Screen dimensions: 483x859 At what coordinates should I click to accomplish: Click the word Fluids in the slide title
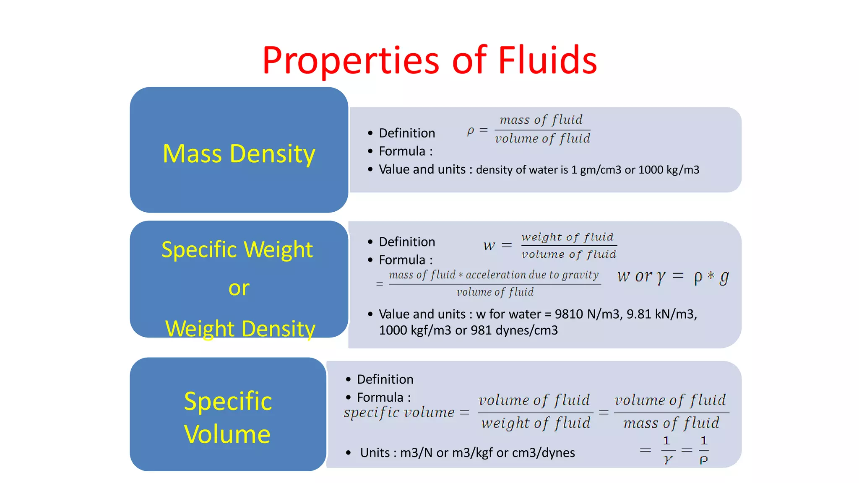(x=547, y=60)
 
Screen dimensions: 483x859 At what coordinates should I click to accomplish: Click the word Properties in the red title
(x=351, y=61)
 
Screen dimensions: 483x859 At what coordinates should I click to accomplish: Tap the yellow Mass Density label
(x=239, y=154)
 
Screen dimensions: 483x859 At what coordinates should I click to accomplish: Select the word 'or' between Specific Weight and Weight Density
(x=239, y=288)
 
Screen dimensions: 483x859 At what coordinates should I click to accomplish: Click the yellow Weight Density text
(x=240, y=328)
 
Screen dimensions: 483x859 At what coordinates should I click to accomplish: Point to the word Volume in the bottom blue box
(x=227, y=434)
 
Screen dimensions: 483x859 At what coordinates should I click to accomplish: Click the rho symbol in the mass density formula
(x=471, y=131)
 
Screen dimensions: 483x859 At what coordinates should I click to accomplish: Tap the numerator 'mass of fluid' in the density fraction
(x=541, y=120)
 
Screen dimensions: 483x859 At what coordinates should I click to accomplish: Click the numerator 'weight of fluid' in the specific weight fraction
(x=567, y=237)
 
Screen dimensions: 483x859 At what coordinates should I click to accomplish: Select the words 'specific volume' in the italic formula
(x=399, y=413)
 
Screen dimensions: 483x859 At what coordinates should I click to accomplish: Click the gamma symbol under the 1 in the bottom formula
(x=668, y=460)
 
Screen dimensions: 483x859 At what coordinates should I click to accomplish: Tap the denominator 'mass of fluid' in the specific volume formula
(x=671, y=423)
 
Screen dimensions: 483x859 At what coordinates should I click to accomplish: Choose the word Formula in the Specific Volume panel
(x=380, y=397)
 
